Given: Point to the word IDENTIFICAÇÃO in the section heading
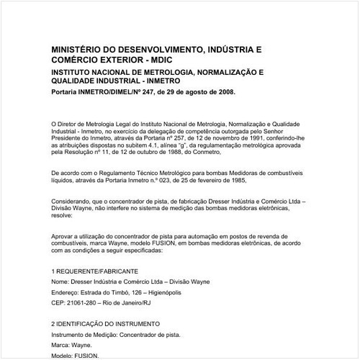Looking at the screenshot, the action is (87, 324).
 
